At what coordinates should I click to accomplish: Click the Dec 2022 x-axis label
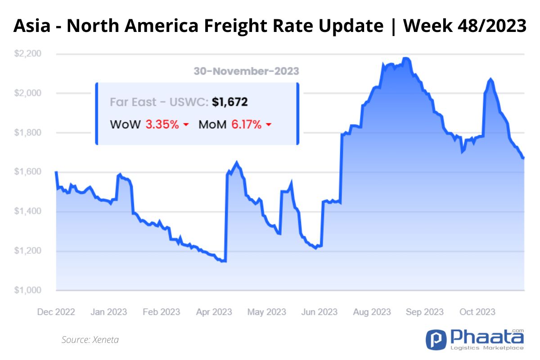(x=56, y=312)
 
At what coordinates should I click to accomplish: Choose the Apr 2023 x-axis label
(x=214, y=312)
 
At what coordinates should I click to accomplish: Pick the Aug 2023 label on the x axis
(x=372, y=312)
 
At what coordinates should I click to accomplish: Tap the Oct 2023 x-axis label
(x=477, y=312)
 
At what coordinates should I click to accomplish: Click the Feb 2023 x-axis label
(x=161, y=312)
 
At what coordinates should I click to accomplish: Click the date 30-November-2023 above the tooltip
(x=246, y=71)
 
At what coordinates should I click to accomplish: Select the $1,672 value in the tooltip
(x=230, y=103)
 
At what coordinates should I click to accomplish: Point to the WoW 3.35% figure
(x=162, y=125)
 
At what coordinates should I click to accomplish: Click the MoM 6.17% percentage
(x=246, y=125)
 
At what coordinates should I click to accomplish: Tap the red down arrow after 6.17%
(x=269, y=125)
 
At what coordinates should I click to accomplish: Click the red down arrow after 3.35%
(x=185, y=125)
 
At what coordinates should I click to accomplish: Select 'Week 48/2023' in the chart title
(x=464, y=26)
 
